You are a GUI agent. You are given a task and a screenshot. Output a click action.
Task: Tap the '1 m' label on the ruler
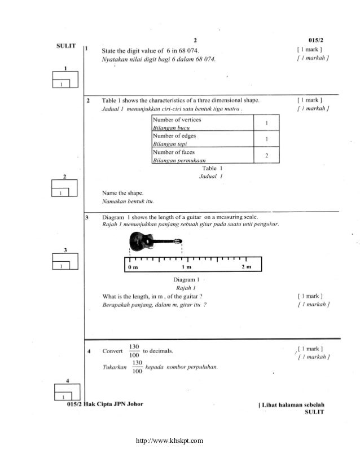(x=186, y=266)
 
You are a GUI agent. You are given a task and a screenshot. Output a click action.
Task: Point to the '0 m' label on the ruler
(x=133, y=266)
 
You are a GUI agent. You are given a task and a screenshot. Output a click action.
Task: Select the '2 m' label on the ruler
(x=245, y=266)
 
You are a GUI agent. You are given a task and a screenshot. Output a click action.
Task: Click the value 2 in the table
(x=266, y=155)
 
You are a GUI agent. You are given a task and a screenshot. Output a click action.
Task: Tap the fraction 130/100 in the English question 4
(x=134, y=351)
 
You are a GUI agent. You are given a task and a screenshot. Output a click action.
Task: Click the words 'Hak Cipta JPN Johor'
(x=112, y=404)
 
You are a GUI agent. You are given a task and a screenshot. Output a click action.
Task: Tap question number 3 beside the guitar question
(x=86, y=217)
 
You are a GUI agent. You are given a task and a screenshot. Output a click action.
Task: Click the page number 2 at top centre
(x=195, y=40)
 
